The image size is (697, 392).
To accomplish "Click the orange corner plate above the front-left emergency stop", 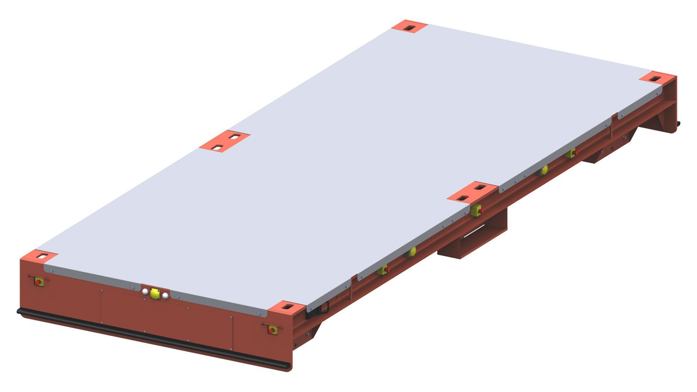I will coord(39,255).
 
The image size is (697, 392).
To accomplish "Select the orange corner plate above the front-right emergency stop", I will coord(286,307).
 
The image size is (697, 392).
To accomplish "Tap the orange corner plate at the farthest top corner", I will coord(409,26).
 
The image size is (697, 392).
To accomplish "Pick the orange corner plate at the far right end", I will coord(657,77).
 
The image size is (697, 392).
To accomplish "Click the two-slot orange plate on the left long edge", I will coord(224,140).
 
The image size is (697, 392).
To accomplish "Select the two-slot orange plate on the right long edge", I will coord(472,191).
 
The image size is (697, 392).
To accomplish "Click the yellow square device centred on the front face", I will coord(155,294).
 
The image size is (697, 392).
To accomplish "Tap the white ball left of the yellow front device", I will coord(145,292).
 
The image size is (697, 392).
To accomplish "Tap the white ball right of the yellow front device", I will coord(166,296).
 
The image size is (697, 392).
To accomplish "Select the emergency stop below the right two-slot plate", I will coord(476,210).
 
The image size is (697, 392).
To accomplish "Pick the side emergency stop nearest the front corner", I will coord(383,269).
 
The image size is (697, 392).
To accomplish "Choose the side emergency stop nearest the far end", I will coord(570,154).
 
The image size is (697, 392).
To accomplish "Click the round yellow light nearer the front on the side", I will coord(412,252).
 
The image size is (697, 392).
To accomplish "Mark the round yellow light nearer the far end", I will coord(543,170).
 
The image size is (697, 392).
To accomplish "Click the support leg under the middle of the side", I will coord(473,240).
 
